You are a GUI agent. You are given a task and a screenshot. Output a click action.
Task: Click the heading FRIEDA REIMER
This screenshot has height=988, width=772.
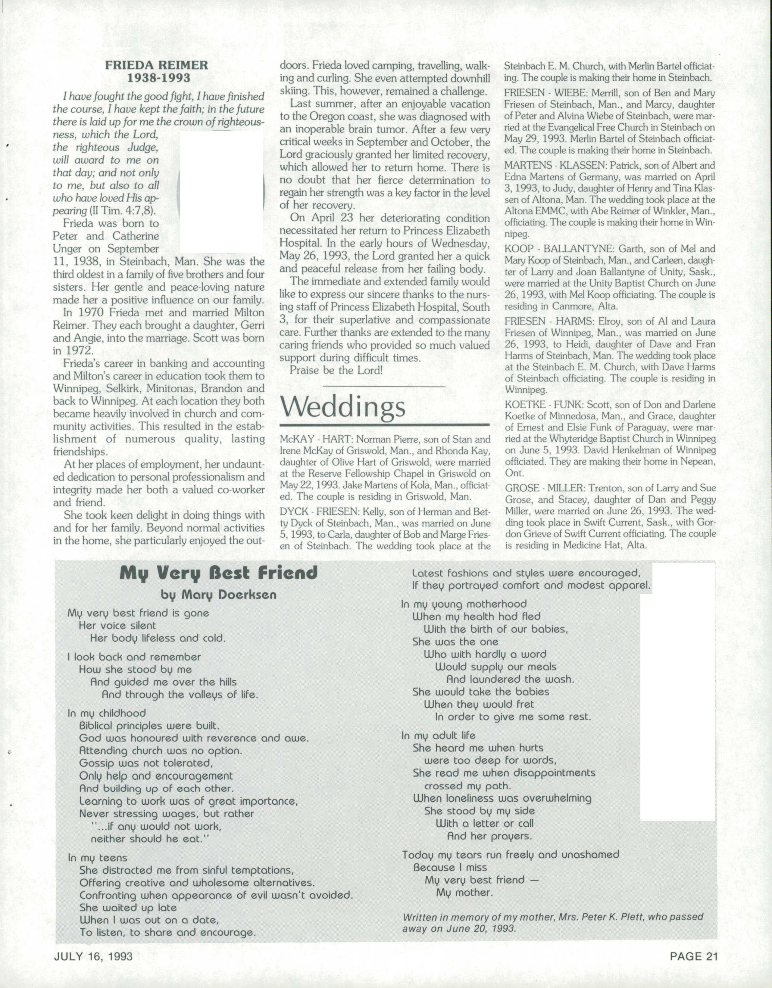click(157, 65)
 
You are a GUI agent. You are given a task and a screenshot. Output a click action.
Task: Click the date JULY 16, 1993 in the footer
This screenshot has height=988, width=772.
click(93, 956)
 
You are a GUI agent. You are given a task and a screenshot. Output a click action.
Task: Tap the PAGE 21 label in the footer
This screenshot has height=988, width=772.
click(694, 956)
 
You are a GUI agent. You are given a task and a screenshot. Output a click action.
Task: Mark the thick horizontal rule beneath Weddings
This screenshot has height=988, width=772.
click(385, 425)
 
